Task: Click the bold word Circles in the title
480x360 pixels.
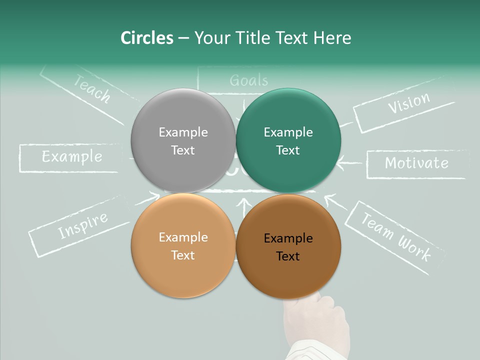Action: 146,38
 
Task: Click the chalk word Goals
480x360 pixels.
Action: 248,80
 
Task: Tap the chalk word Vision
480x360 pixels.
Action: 408,103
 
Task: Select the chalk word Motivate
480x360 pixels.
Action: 416,163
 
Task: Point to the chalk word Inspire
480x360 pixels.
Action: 82,225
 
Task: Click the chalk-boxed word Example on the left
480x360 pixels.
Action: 71,157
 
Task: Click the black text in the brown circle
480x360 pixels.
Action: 288,247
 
